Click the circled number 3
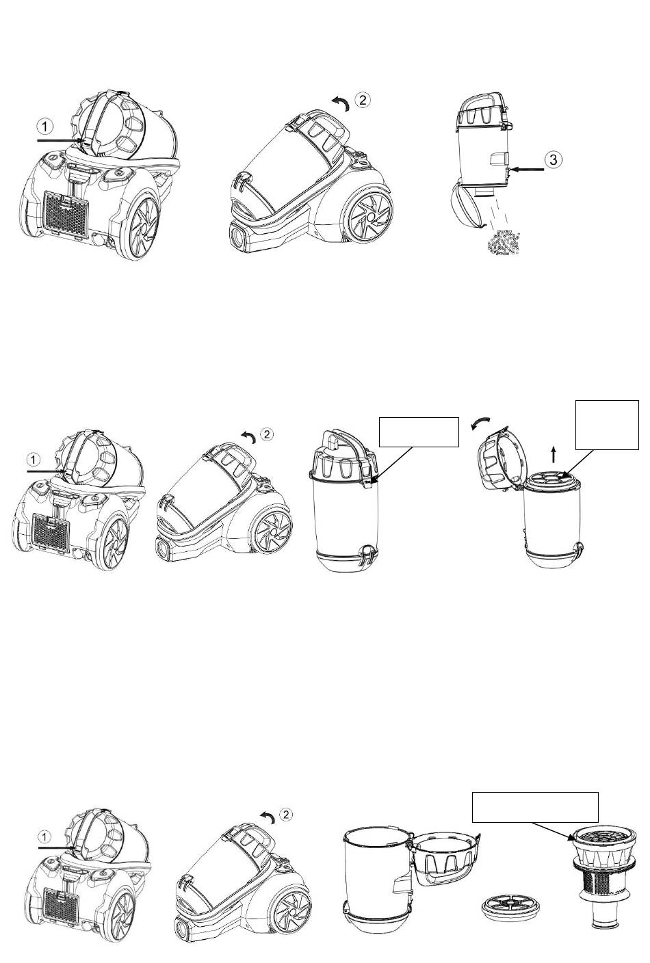(554, 159)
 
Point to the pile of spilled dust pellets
(506, 243)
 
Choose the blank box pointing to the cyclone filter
(535, 807)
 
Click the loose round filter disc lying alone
(505, 910)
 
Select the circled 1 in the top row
(44, 127)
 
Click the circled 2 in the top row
(363, 99)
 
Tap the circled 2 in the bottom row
(287, 814)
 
